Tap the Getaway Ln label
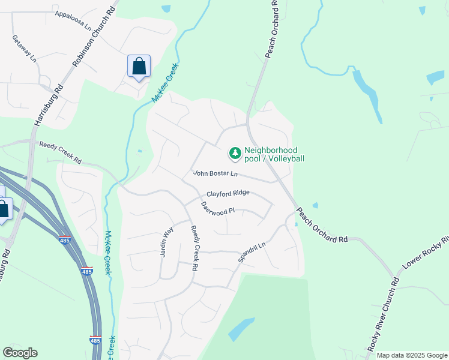(x=24, y=49)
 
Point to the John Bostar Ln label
(x=215, y=173)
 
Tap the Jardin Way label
(x=166, y=241)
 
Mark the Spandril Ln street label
(x=252, y=248)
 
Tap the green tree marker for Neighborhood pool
(x=234, y=154)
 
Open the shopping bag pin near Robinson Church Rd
(x=139, y=66)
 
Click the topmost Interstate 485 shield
(x=65, y=239)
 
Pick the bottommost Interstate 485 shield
(x=95, y=340)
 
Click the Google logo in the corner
(x=19, y=353)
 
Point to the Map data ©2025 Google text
(x=412, y=355)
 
